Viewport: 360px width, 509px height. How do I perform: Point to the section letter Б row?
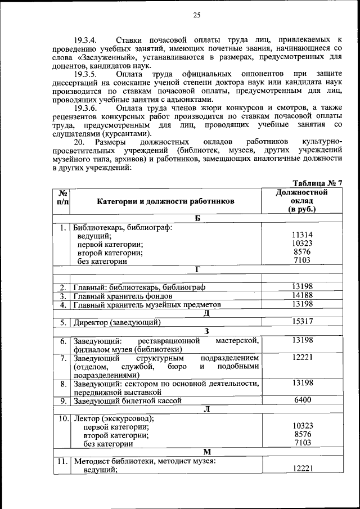pyautogui.click(x=197, y=218)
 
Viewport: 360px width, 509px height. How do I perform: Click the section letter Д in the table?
pyautogui.click(x=206, y=313)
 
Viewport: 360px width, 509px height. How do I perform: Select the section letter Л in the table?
pyautogui.click(x=206, y=409)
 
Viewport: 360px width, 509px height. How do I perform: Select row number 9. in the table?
pyautogui.click(x=64, y=400)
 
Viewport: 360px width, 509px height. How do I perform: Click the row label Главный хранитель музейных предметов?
pyautogui.click(x=147, y=305)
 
